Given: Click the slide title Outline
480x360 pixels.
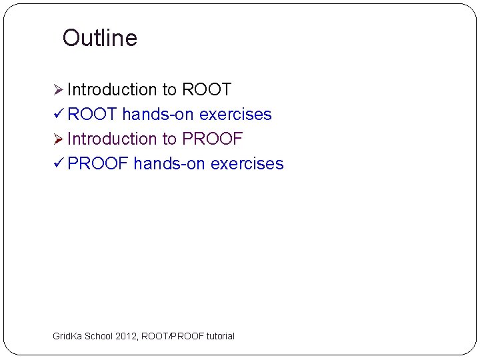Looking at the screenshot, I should pos(99,38).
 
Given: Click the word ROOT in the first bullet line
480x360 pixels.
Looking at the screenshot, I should pos(206,90).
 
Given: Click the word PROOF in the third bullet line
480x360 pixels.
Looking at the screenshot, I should pos(212,139).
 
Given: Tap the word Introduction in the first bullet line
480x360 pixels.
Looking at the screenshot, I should pos(111,90).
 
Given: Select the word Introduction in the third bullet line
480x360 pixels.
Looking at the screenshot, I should pos(111,139).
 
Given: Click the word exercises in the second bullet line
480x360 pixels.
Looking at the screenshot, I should pos(235,115).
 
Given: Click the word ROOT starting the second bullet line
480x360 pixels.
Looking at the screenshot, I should pos(93,115).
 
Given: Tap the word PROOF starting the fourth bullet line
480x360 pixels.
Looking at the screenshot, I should pos(98,164).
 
